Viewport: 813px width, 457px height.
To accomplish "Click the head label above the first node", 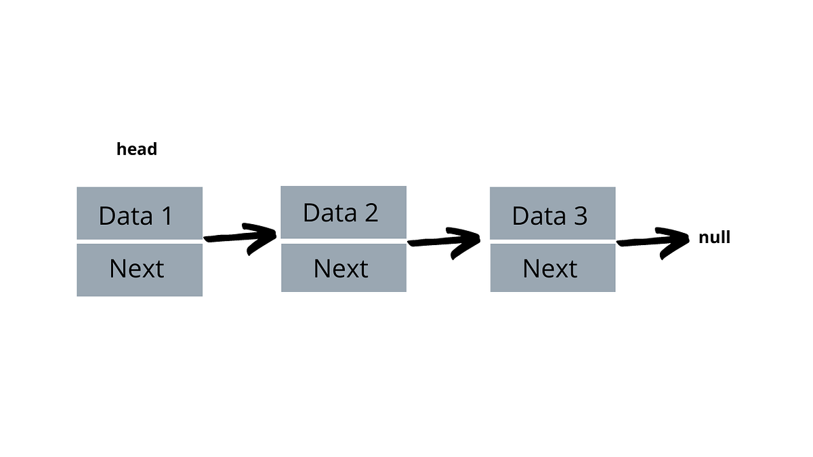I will point(137,149).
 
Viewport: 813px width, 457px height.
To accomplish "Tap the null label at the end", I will point(714,238).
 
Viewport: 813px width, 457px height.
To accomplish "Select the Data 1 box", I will point(140,213).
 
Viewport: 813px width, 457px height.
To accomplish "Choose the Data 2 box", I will point(343,212).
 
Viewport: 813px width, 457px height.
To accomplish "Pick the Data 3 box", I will point(552,213).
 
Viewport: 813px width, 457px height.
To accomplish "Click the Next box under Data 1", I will point(140,269).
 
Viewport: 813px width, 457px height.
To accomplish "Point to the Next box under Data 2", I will point(343,269).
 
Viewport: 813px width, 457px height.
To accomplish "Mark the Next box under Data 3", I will point(552,269).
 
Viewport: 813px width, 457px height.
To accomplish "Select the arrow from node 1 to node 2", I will point(241,238).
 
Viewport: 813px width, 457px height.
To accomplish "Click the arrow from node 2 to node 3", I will point(444,241).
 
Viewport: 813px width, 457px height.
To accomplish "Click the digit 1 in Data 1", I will point(165,216).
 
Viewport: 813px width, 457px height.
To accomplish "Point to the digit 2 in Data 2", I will point(370,213).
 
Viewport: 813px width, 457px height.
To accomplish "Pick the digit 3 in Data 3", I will point(579,216).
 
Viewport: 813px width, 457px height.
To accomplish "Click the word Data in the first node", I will point(125,216).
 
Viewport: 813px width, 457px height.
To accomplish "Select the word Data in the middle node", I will point(329,213).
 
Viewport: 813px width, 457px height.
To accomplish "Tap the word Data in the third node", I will point(539,216).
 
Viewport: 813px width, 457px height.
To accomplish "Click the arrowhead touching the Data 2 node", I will point(264,237).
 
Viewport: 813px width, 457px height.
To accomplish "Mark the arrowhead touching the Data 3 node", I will point(469,240).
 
